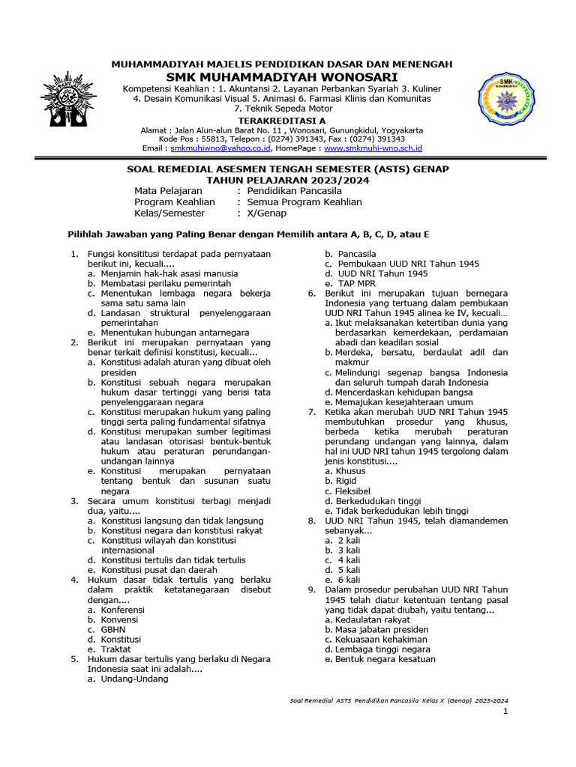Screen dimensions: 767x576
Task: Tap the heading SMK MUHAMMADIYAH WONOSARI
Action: coord(282,77)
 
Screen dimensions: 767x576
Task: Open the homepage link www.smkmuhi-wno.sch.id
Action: coord(373,149)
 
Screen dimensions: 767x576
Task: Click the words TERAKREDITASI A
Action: coord(282,119)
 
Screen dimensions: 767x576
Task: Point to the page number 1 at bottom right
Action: coord(505,711)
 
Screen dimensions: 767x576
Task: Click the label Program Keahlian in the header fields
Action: coord(175,201)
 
